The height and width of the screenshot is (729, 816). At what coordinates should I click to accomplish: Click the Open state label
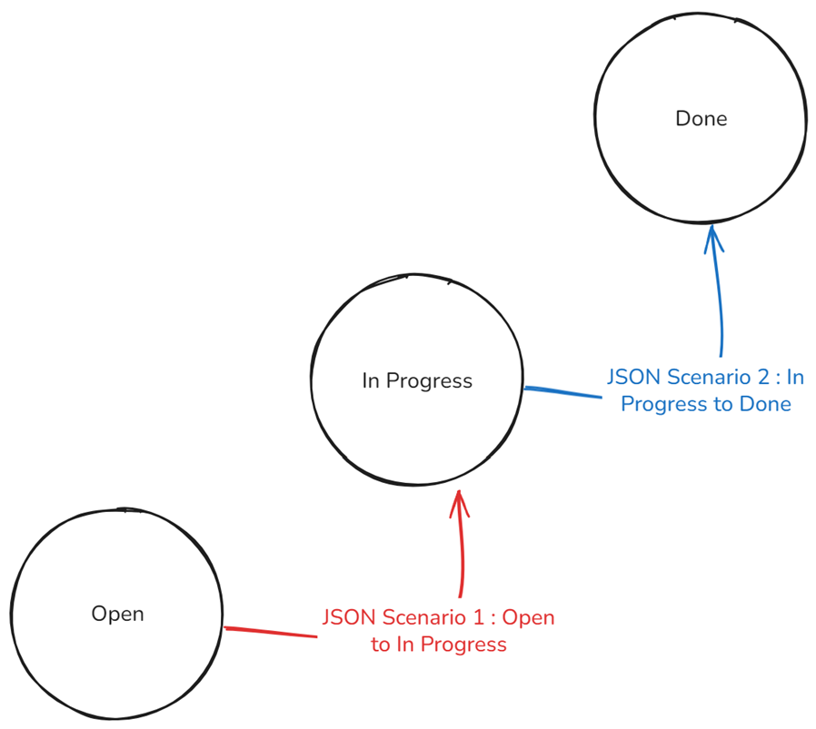point(117,614)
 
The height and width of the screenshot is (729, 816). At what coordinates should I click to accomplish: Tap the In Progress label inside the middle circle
point(417,380)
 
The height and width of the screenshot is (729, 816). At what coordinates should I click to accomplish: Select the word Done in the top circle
point(702,118)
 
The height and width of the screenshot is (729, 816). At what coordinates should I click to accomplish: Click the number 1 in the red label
point(476,617)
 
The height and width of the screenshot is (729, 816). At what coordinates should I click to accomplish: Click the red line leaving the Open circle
point(270,632)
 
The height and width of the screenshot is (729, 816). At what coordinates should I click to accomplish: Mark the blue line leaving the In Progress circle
point(563,392)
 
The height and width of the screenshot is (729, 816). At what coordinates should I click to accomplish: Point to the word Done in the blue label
point(766,403)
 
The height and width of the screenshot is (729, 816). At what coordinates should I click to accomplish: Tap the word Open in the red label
point(528,617)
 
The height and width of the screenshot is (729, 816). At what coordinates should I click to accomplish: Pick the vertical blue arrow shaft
point(721,300)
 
